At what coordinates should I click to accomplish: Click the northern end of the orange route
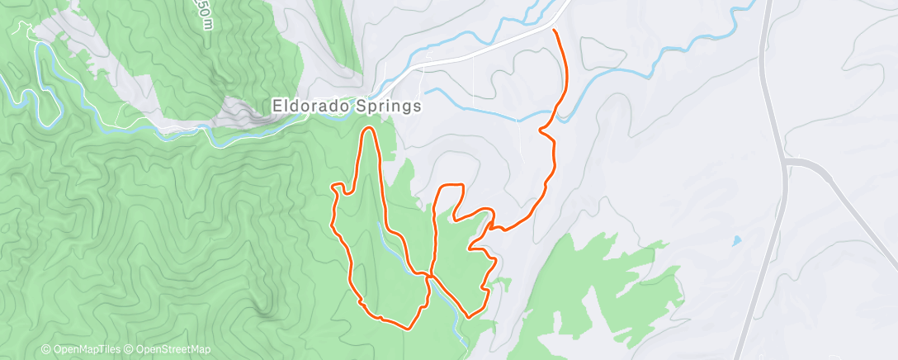(553, 31)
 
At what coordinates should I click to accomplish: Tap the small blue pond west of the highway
(735, 242)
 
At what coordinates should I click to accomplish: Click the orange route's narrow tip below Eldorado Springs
(369, 130)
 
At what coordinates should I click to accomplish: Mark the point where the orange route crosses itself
(430, 274)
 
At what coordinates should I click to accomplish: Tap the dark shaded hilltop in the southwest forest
(264, 310)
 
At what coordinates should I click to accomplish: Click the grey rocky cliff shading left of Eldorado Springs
(248, 111)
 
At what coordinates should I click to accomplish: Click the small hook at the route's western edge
(336, 190)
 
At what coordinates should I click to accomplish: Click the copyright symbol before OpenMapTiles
(46, 350)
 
